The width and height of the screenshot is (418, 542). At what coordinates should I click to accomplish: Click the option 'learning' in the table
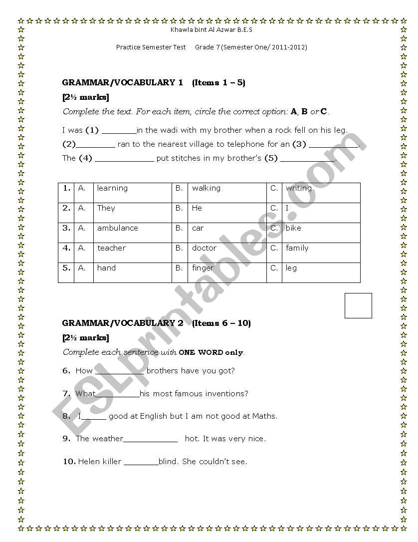(112, 188)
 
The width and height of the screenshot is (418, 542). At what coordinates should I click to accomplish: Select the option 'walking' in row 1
(206, 188)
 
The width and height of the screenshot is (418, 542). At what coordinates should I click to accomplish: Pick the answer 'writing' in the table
(298, 188)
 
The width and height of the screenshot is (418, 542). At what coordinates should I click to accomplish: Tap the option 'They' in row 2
(106, 208)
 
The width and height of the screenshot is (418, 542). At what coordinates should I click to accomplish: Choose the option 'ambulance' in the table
(117, 228)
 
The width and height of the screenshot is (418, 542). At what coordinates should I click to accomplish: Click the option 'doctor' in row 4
(204, 248)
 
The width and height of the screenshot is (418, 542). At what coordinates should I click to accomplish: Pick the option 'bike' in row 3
(293, 228)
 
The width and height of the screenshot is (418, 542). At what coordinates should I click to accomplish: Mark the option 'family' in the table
(297, 248)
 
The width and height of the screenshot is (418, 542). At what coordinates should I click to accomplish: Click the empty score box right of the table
(358, 305)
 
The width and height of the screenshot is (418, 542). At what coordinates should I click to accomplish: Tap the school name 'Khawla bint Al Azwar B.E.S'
(211, 30)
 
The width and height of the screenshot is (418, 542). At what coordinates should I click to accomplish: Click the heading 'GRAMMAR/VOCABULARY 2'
(123, 323)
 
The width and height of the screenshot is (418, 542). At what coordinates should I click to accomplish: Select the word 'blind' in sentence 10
(168, 462)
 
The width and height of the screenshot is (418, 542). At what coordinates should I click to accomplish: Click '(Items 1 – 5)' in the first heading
(218, 83)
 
